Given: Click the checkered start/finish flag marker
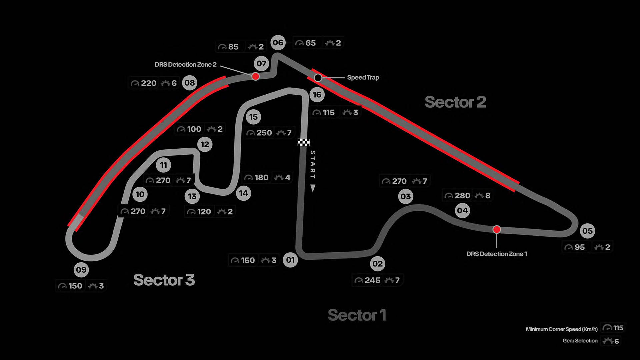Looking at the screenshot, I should click(303, 143).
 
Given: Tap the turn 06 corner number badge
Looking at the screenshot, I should click(278, 43).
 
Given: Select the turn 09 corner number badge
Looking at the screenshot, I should click(81, 270).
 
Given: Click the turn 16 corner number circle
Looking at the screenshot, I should click(317, 95).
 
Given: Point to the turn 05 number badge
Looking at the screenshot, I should click(587, 231).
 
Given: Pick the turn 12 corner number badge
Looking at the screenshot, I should click(205, 144).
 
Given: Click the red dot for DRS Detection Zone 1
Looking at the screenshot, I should click(497, 229).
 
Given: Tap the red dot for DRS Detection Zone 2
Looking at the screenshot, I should click(255, 77).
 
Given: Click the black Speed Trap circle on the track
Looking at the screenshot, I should click(318, 78).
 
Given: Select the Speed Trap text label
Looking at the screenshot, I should click(363, 77).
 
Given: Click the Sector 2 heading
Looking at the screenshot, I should click(455, 102).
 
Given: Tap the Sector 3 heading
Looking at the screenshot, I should click(164, 280).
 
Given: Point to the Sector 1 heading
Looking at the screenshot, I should click(357, 315).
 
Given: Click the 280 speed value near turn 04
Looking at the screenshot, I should click(462, 196).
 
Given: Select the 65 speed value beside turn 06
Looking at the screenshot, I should click(310, 43).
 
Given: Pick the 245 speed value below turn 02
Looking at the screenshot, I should click(372, 280).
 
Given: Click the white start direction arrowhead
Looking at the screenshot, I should click(313, 188).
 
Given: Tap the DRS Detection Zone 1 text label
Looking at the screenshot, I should click(497, 254).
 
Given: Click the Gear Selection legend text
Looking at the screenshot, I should click(580, 341).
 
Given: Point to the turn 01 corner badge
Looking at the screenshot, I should click(290, 260).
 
